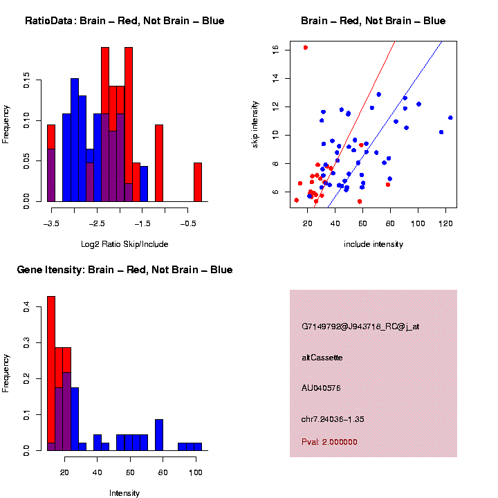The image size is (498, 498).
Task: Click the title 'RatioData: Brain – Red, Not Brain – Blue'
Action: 124,21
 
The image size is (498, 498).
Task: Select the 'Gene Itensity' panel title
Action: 124,270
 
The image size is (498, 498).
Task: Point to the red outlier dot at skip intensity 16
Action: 306,48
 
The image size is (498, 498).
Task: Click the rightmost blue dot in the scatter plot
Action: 450,118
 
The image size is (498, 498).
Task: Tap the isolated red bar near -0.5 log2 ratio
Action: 197,182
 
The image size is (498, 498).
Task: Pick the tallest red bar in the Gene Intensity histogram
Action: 51,373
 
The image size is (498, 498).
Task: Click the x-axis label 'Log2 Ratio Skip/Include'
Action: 124,244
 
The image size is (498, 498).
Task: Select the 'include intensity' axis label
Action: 373,244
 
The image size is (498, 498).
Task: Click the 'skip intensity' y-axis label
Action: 255,124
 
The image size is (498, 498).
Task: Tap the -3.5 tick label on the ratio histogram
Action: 50,223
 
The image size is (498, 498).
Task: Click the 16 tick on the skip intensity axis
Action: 275,50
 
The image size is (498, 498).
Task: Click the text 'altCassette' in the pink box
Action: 322,358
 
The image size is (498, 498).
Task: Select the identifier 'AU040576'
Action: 322,388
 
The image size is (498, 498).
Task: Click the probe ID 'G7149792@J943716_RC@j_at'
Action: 360,326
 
